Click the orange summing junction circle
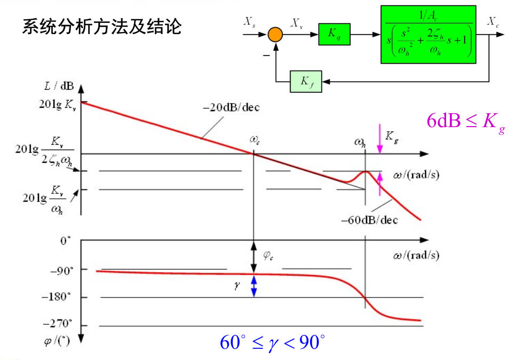coord(275,35)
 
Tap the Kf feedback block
coord(306,81)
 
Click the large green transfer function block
coord(428,35)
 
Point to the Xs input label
coord(249,22)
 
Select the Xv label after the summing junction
coord(297,22)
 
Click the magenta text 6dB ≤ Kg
coord(465,121)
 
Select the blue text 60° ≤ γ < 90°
coord(272,342)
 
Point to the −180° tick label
coord(58,297)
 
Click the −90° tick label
coord(60,270)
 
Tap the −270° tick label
coord(58,324)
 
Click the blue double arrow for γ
coord(254,286)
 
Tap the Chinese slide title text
coord(101,27)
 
